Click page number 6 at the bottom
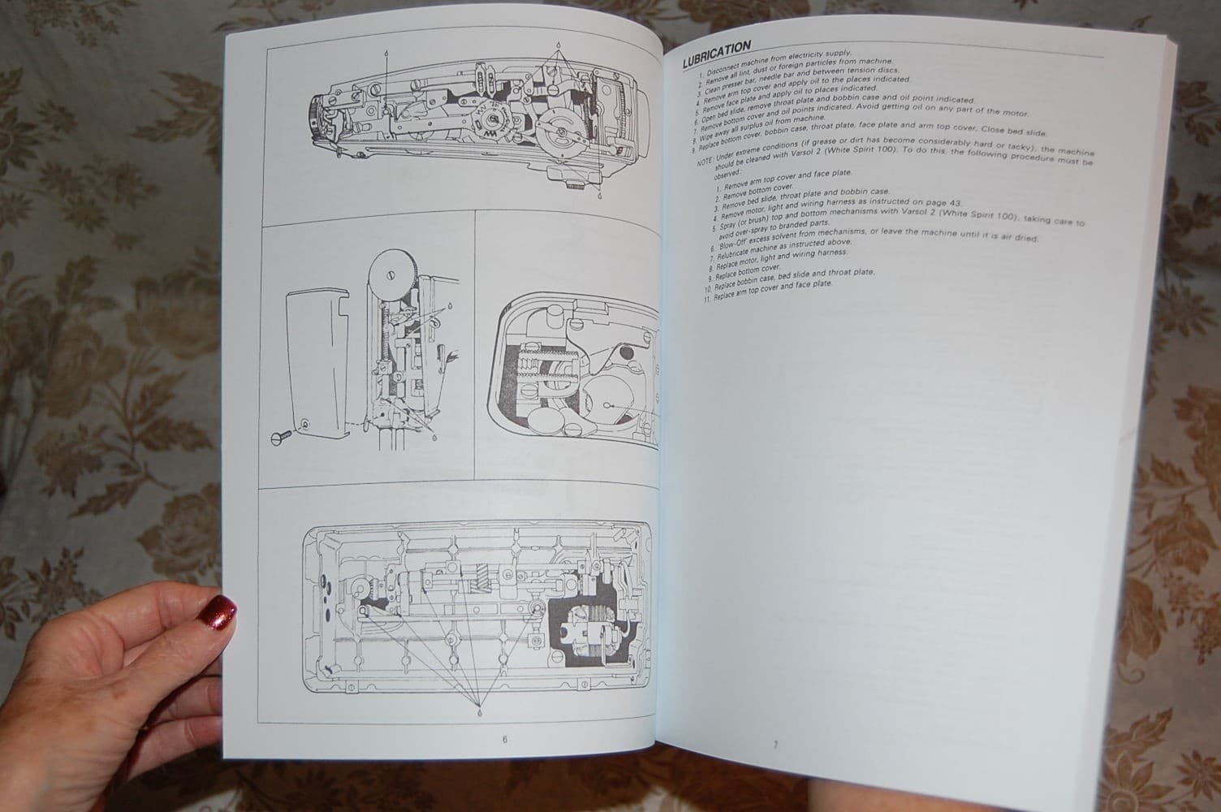tap(503, 740)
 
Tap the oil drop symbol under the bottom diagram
tap(480, 712)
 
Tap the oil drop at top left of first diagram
tap(386, 51)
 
